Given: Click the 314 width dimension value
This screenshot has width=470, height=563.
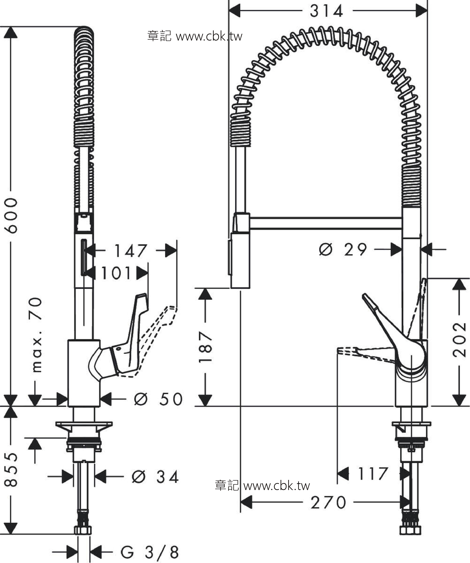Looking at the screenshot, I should click(326, 11).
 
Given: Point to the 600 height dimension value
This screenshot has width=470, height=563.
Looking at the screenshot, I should click(12, 216).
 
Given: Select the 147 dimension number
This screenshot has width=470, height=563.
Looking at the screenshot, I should click(131, 251).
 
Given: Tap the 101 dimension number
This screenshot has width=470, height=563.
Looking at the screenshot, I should click(116, 273).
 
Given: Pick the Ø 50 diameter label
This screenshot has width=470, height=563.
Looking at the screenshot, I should click(158, 399).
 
